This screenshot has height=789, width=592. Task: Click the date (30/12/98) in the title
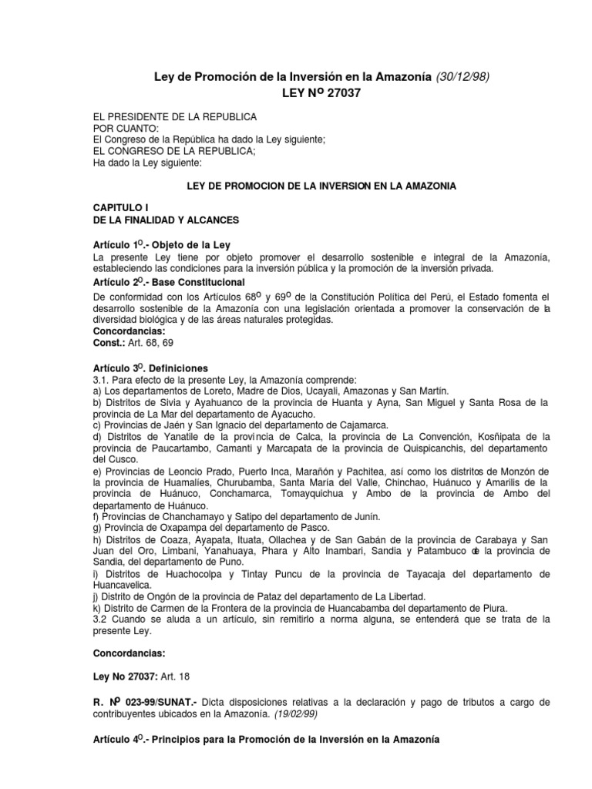tap(462, 76)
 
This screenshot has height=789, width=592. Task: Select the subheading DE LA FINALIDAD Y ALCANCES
tap(166, 220)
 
